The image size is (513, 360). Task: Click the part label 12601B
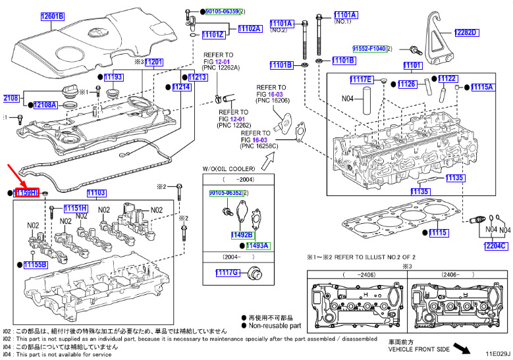coord(53,16)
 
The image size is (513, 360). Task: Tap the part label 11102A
coord(250,29)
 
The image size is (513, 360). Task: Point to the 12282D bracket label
coord(466,33)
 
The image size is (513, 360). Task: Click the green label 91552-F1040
coord(369,49)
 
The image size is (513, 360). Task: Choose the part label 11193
coord(114,77)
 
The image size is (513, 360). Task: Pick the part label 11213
coord(198,77)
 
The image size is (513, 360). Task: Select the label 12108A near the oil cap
coord(45,104)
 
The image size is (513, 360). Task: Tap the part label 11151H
coord(75,208)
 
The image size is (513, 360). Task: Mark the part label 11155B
coord(35,264)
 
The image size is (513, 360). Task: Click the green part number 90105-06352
coord(224,193)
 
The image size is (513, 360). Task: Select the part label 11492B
coord(242,234)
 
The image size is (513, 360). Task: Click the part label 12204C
coord(497,246)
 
